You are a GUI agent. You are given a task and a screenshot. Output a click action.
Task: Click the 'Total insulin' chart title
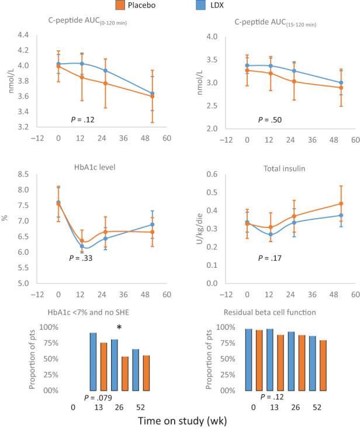pos(271,167)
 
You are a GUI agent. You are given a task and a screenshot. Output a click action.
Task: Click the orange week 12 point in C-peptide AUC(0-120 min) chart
pos(82,77)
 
